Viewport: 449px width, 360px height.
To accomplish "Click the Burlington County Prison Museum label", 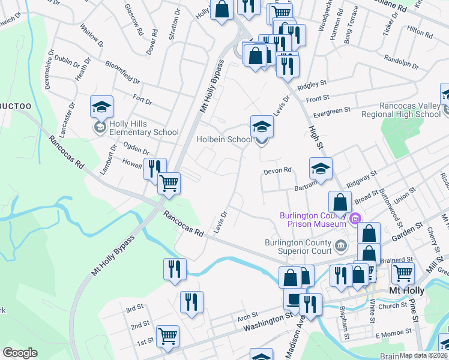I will (313, 220).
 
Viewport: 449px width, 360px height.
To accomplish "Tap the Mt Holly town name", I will (407, 290).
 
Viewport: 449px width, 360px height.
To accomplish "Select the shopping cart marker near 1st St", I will (167, 337).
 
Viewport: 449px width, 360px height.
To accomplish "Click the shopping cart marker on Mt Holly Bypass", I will (169, 183).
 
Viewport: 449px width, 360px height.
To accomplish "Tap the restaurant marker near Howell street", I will (155, 169).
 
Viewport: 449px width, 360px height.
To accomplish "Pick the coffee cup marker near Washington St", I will (294, 299).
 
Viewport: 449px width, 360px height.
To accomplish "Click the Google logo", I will (20, 352).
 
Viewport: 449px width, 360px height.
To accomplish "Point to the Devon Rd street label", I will (277, 170).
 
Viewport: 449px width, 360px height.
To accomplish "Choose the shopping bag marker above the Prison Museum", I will (340, 202).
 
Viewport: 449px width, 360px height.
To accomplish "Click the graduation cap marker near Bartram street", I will (321, 169).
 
